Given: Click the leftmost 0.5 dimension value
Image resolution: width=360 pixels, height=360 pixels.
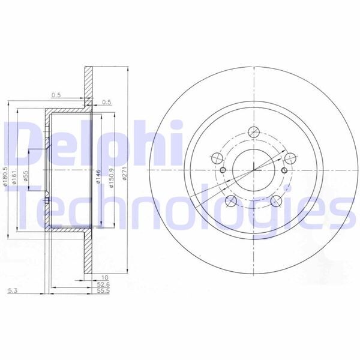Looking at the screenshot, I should (x=56, y=95).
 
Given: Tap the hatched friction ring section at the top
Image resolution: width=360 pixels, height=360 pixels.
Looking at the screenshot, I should (x=88, y=78).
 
